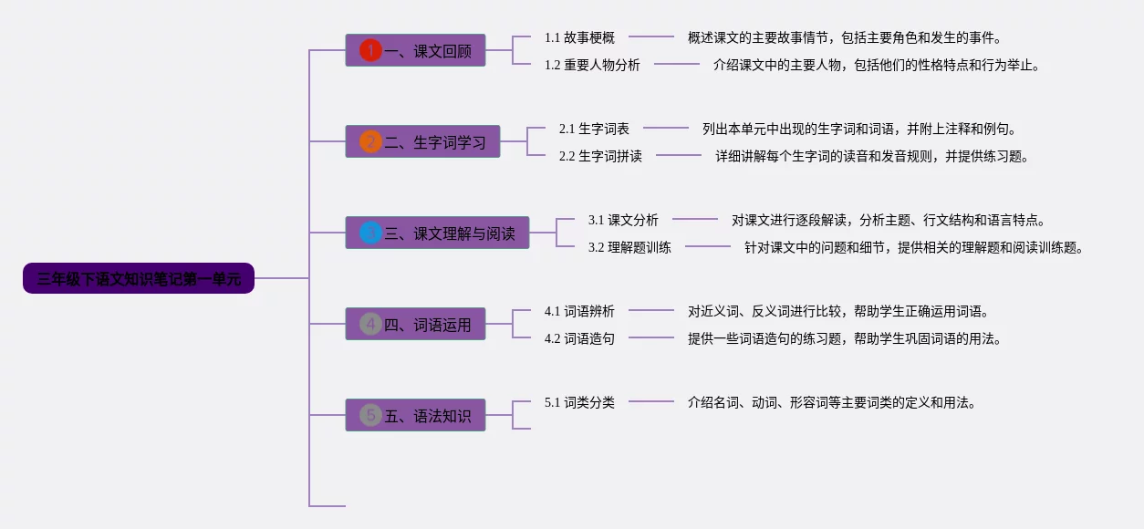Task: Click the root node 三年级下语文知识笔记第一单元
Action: click(x=139, y=278)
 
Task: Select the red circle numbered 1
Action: click(x=370, y=50)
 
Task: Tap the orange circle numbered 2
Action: click(x=370, y=141)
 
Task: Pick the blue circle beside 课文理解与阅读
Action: click(x=370, y=233)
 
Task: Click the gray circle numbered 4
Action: click(x=370, y=324)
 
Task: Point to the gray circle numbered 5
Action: click(x=370, y=415)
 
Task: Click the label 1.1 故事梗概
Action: click(x=579, y=37)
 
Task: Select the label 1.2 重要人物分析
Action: click(x=592, y=65)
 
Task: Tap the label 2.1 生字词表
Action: click(x=594, y=129)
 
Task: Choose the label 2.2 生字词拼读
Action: click(x=600, y=156)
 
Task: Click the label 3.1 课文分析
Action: click(x=623, y=220)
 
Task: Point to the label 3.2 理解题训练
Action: click(x=629, y=247)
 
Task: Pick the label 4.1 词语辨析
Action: click(x=579, y=311)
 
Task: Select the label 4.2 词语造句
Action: click(x=579, y=338)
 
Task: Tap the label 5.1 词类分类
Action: click(x=579, y=402)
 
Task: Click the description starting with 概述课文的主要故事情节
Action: click(x=845, y=37)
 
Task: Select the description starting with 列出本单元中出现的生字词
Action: click(x=859, y=129)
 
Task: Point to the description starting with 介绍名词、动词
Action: click(x=832, y=402)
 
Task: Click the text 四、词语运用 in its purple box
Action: click(x=428, y=324)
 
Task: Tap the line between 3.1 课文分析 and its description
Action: click(x=695, y=219)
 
